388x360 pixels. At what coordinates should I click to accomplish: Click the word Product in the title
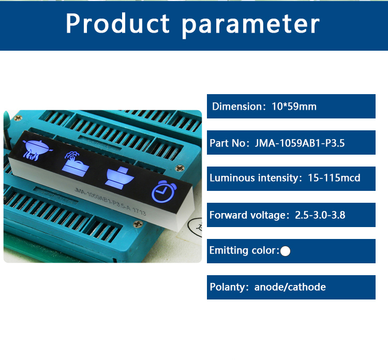tap(117, 24)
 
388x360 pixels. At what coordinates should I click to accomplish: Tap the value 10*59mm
tap(294, 107)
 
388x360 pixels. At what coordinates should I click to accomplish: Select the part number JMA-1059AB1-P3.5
tap(300, 143)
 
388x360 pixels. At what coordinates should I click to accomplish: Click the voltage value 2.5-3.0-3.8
tap(320, 215)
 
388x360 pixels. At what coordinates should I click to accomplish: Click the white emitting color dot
tap(285, 251)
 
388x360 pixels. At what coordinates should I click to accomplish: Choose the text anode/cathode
tap(290, 287)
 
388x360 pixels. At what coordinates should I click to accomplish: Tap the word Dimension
tap(238, 107)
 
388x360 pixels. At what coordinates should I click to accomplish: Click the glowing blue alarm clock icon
tap(162, 192)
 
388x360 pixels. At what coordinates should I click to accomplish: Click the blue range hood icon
tap(118, 176)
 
